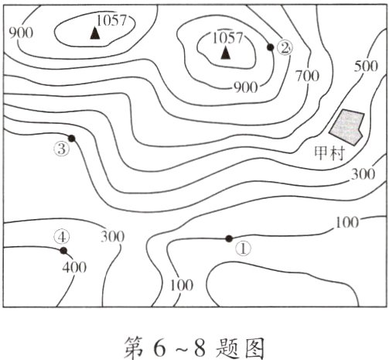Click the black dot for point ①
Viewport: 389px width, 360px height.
[x=228, y=238]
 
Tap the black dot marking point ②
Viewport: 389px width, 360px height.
[x=270, y=47]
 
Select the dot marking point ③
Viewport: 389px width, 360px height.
[x=71, y=139]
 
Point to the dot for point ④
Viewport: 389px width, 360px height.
[x=63, y=250]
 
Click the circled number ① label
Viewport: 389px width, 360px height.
[x=243, y=249]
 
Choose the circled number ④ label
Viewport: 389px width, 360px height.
[x=63, y=236]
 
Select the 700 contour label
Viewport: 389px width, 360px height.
[x=307, y=75]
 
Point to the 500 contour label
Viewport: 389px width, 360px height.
[x=366, y=66]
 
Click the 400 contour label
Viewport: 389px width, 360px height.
[x=74, y=268]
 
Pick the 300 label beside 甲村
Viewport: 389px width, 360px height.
[x=362, y=174]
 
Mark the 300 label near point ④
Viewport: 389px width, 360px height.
[x=113, y=236]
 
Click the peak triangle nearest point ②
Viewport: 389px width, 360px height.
[x=225, y=53]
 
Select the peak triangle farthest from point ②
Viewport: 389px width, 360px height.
[x=95, y=33]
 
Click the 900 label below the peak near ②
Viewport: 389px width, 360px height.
[x=244, y=87]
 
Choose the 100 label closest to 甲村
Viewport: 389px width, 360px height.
[x=348, y=223]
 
